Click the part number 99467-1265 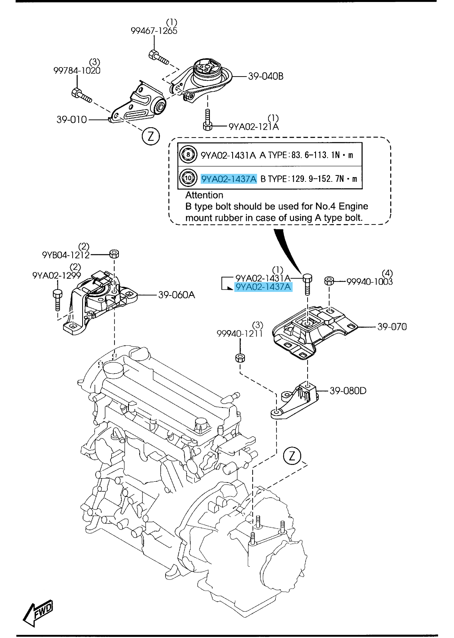tap(154, 31)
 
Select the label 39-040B tap(266, 76)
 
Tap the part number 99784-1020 tap(77, 71)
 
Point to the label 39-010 tap(71, 119)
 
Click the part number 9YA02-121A tap(253, 127)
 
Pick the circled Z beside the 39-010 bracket tap(150, 137)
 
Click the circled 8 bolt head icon tap(188, 155)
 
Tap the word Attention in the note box tap(204, 195)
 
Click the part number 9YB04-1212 tap(66, 254)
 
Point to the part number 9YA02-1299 tap(57, 275)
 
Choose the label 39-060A tap(176, 295)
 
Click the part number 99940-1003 tap(369, 282)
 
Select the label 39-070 tap(392, 327)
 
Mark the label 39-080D tap(348, 391)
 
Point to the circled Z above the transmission tap(292, 455)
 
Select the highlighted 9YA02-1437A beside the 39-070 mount tap(264, 287)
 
